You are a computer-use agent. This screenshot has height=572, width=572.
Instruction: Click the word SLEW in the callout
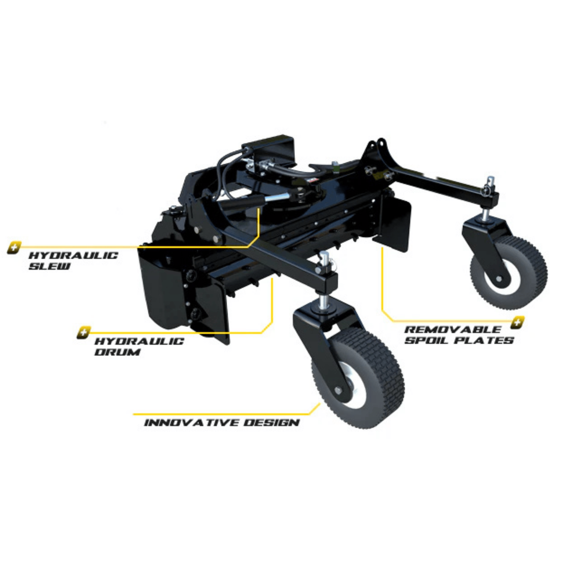coord(49,266)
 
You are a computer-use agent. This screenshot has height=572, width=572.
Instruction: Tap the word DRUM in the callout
coord(117,352)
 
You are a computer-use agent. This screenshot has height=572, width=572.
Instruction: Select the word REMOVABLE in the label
coord(453,330)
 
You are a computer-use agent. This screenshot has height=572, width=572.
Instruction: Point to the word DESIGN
coord(271,423)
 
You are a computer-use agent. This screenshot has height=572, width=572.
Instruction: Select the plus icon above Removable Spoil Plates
coord(517,322)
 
